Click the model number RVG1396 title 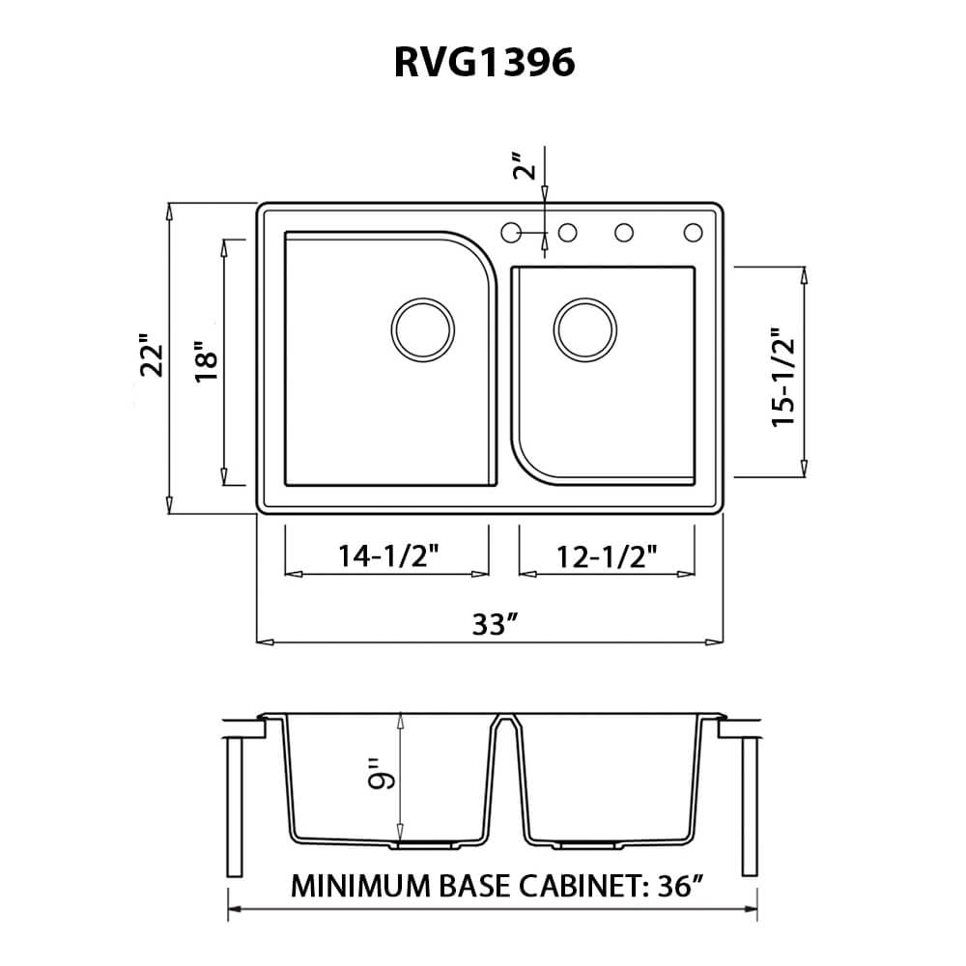(484, 62)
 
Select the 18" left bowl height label (207, 361)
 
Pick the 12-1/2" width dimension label (608, 555)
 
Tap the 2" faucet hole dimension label (524, 166)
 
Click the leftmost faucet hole (511, 232)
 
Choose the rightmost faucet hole (693, 232)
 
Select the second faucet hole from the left (568, 232)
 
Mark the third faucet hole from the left (624, 232)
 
